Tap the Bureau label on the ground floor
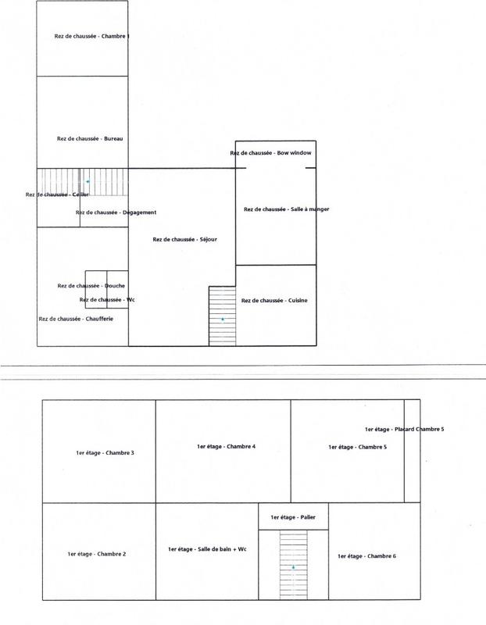91,139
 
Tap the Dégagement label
116,212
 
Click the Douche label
91,286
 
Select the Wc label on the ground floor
108,299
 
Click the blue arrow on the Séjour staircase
223,320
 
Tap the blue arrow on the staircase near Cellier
88,181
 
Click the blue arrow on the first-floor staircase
294,567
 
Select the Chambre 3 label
105,453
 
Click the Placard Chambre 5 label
404,429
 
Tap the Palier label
293,517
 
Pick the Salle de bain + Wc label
208,550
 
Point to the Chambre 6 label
366,555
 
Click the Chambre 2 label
97,554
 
